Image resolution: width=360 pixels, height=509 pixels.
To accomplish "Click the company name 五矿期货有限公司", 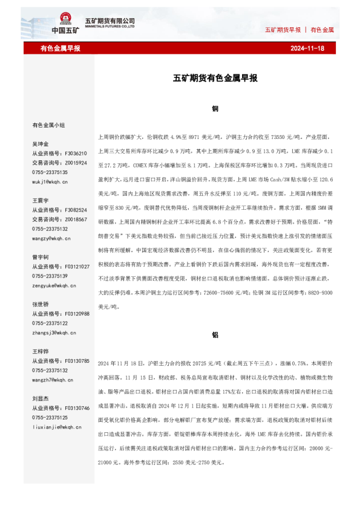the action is point(114,21).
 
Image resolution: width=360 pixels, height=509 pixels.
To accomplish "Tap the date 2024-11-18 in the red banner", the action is point(307,48).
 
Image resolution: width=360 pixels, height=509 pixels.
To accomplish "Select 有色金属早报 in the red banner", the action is point(61,48).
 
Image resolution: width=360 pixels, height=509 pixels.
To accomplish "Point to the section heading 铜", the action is point(215,109).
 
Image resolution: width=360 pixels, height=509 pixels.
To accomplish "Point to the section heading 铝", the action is point(215,334).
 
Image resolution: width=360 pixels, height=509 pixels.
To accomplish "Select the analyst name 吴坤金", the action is point(41,144).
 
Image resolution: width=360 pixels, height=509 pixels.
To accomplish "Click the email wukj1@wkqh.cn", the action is point(50,181).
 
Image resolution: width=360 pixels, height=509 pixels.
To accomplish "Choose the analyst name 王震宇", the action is point(41,199).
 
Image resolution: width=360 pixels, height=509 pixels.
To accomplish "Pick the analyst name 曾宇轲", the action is point(41,257).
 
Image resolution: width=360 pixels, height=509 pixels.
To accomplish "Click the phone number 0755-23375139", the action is point(50,276).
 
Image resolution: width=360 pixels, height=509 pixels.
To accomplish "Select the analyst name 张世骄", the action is point(41,304).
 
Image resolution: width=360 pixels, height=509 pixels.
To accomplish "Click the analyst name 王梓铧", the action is point(41,351).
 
